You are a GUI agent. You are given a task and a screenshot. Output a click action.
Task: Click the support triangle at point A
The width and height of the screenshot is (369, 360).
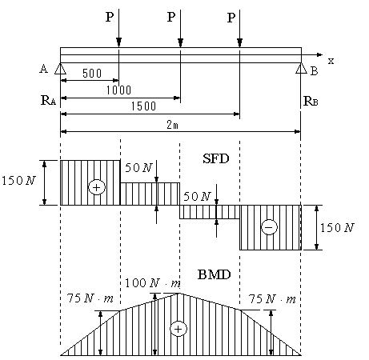point(60,69)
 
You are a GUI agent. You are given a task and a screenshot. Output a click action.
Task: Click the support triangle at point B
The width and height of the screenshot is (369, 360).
point(301,68)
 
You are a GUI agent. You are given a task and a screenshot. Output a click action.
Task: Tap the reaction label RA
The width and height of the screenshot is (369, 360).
point(48,101)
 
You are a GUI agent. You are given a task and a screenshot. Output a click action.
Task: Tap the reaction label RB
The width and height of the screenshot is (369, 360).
point(311,101)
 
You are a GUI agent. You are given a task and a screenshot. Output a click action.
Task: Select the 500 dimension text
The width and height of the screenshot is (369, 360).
point(92,74)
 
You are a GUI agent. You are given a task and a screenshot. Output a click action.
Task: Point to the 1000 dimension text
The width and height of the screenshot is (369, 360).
point(118,90)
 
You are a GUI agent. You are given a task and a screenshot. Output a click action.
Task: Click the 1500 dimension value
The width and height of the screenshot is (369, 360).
point(143,106)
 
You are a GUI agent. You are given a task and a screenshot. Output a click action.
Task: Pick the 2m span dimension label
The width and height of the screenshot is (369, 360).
point(173,125)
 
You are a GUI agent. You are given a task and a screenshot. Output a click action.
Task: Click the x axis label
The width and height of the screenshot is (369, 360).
point(331,61)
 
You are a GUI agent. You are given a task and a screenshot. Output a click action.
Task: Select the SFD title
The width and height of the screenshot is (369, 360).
point(216,159)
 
